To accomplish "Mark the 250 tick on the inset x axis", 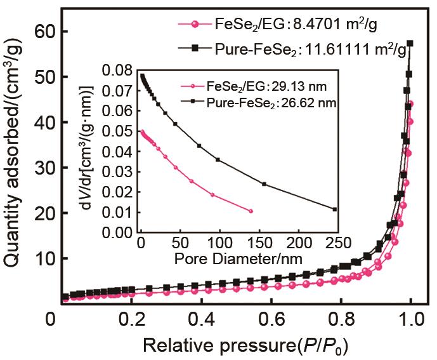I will pos(336,243).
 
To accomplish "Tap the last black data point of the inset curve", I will pos(334,209).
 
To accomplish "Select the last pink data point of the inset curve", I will pos(251,211).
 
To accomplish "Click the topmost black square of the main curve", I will pos(410,43).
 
